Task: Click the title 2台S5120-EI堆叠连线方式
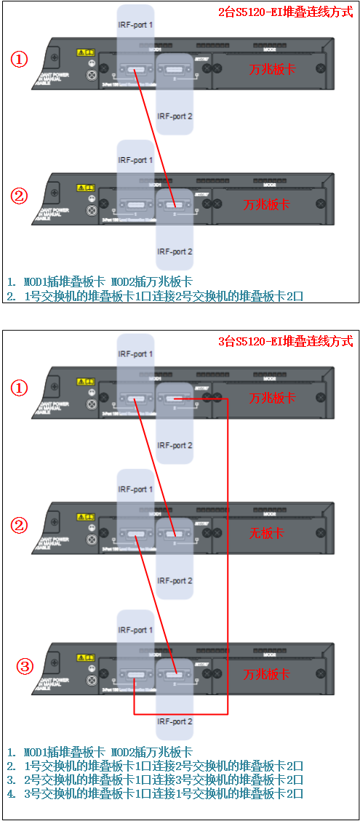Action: tap(286, 12)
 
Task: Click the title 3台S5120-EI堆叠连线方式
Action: tap(286, 341)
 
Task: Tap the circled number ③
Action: tap(25, 666)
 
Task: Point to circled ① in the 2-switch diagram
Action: tap(19, 59)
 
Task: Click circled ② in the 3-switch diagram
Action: tap(20, 524)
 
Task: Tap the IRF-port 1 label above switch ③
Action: tap(135, 630)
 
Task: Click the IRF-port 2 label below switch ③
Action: tap(175, 721)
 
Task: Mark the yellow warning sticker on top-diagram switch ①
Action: tap(85, 53)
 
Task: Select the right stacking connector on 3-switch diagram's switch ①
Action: tap(175, 399)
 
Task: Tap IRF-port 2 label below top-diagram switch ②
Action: tap(175, 252)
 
